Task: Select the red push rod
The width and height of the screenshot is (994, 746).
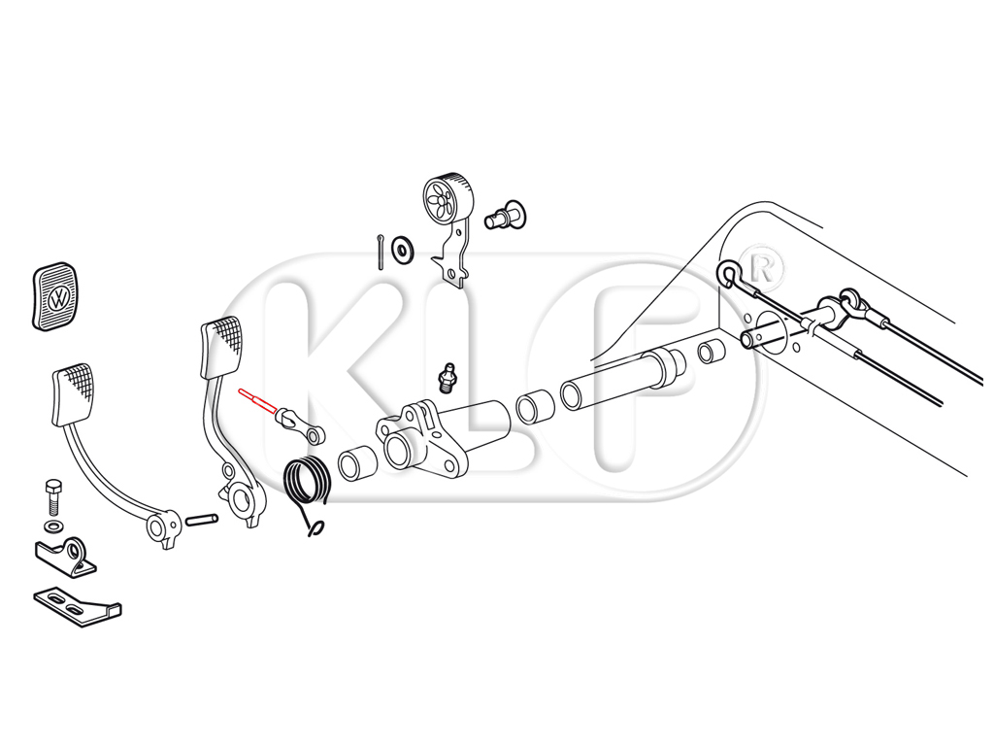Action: click(x=257, y=402)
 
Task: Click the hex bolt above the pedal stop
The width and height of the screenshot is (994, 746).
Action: click(x=53, y=496)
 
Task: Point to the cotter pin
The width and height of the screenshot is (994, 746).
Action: click(x=380, y=252)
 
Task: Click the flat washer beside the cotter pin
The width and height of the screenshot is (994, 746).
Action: click(x=402, y=248)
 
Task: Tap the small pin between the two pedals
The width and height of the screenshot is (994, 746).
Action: click(x=202, y=520)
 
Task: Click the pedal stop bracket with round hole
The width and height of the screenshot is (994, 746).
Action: click(x=66, y=557)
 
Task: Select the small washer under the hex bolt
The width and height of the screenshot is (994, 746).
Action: click(x=53, y=526)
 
